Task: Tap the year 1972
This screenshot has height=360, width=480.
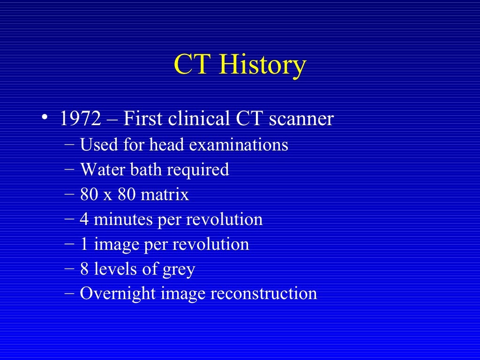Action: [80, 119]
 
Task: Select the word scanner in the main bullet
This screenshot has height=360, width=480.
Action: [301, 119]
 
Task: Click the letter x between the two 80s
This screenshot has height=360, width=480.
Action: [108, 195]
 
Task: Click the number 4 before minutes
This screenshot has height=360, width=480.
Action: [84, 219]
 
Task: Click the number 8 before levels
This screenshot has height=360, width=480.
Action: [84, 269]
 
